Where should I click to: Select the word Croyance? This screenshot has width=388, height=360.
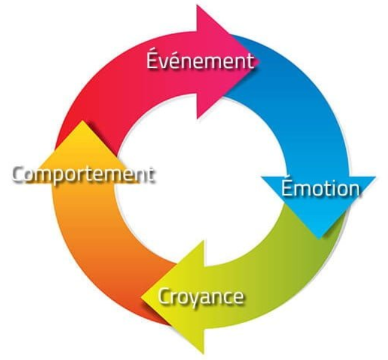[x=201, y=296]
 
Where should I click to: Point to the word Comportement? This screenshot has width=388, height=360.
[x=83, y=175]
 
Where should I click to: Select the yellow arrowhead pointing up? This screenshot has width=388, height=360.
[x=84, y=145]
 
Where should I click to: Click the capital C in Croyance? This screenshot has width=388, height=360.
[x=164, y=296]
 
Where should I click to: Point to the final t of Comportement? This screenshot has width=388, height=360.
[x=150, y=175]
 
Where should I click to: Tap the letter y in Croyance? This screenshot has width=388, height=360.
[x=194, y=298]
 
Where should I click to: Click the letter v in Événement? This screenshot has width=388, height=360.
[x=167, y=63]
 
